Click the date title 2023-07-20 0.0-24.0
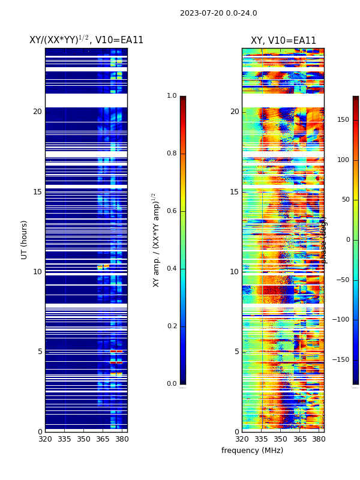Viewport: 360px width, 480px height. [218, 13]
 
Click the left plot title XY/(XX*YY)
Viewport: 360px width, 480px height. [86, 40]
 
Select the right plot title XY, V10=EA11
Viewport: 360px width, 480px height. [283, 41]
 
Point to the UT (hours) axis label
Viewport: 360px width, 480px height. [25, 239]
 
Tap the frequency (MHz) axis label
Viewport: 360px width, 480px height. [252, 451]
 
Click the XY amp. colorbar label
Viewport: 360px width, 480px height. [156, 240]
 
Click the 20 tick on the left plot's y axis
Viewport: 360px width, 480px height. [37, 112]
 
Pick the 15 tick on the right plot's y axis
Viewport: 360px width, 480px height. [234, 192]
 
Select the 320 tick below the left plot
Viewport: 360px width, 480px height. [45, 439]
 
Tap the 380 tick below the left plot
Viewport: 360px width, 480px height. [122, 439]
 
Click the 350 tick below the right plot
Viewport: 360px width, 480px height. [280, 439]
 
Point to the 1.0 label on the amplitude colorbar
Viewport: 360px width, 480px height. [172, 96]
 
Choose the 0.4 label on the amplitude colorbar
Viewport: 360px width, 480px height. [172, 269]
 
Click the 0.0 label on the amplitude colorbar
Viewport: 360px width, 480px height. [172, 384]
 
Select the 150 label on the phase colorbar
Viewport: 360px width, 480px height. [343, 120]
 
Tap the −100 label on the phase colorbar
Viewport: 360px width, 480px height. [341, 320]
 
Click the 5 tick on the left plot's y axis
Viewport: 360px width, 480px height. [39, 352]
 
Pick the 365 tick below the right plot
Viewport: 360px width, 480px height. [299, 439]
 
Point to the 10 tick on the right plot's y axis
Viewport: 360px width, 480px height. [234, 272]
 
